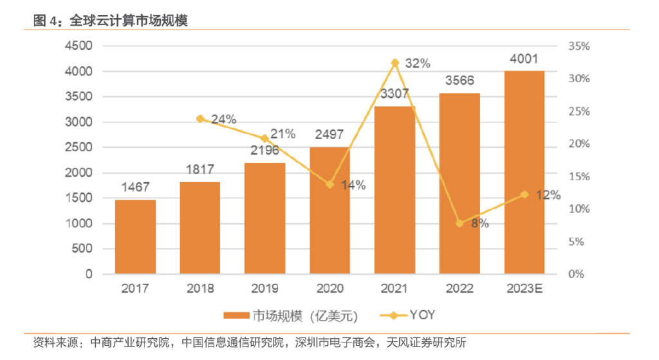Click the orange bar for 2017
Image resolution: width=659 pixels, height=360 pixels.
pyautogui.click(x=135, y=236)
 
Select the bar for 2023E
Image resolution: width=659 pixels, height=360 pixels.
pyautogui.click(x=524, y=172)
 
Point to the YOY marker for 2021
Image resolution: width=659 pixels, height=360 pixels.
pyautogui.click(x=395, y=62)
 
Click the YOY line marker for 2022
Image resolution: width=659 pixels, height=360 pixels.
pyautogui.click(x=459, y=223)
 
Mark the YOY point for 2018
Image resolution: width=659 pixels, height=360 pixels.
pyautogui.click(x=200, y=118)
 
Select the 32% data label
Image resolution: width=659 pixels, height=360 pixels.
pyautogui.click(x=418, y=63)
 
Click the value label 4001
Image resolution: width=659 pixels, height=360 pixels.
pyautogui.click(x=524, y=59)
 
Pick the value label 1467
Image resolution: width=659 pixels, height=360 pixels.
pyautogui.click(x=135, y=187)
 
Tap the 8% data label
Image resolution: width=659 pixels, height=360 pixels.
pyautogui.click(x=479, y=223)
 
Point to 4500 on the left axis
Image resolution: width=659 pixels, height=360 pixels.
pyautogui.click(x=79, y=46)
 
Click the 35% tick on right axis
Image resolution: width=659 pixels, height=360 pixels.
pyautogui.click(x=579, y=46)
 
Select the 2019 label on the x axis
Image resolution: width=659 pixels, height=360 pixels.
pyautogui.click(x=265, y=289)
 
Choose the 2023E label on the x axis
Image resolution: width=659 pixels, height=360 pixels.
pyautogui.click(x=524, y=289)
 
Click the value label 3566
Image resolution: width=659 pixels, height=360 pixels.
pyautogui.click(x=459, y=81)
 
